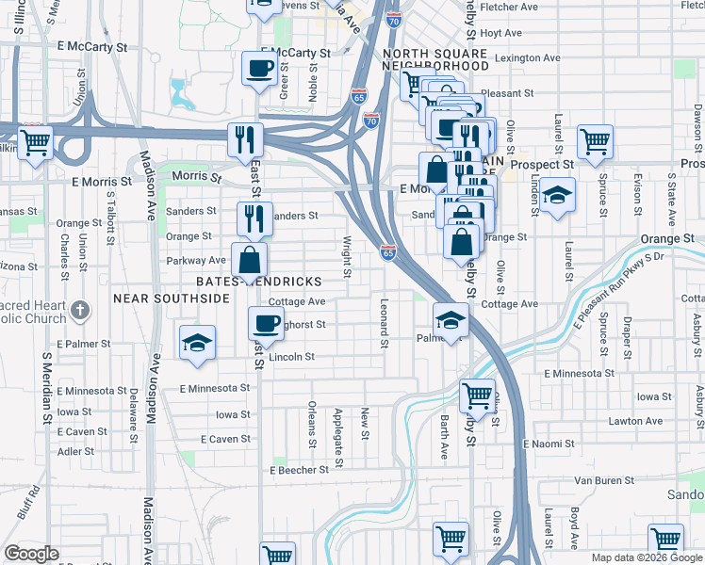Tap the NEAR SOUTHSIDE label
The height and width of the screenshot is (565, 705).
(172, 298)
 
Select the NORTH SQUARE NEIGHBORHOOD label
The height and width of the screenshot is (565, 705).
(435, 59)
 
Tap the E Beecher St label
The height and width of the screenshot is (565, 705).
(299, 469)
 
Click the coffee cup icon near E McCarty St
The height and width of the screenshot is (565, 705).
(259, 67)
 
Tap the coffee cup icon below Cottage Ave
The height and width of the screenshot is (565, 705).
(265, 323)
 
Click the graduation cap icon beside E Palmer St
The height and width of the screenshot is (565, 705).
(197, 342)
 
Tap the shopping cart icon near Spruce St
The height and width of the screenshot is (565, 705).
(596, 142)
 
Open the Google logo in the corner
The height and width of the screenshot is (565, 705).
(31, 554)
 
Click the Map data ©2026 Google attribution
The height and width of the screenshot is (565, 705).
(646, 557)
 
